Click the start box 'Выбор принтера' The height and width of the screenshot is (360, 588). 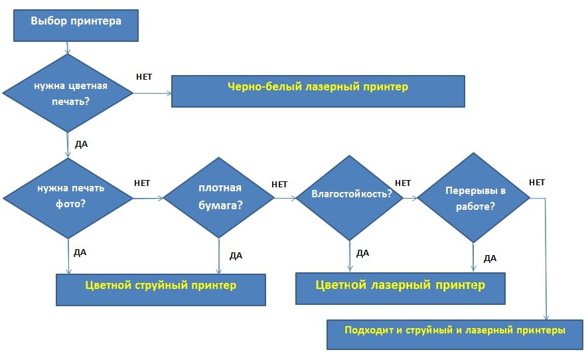(x=76, y=26)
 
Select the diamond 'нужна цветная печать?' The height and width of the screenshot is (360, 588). (x=68, y=94)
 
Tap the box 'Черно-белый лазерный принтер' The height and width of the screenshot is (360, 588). (x=318, y=90)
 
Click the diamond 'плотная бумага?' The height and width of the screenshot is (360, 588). (x=220, y=197)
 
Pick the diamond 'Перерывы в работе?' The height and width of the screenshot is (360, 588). (x=473, y=198)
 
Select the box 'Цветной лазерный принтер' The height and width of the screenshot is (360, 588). (x=400, y=288)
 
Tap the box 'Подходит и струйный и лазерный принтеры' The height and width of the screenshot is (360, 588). (x=455, y=333)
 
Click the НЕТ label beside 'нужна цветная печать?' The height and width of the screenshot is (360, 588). (x=144, y=77)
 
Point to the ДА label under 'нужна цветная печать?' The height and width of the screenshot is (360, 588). (x=81, y=143)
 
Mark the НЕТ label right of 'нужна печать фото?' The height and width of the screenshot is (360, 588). (x=142, y=183)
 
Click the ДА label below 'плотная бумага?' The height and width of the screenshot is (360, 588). (x=236, y=256)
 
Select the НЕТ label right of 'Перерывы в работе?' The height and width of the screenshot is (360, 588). (x=537, y=183)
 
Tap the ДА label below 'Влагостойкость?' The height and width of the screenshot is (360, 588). (x=362, y=253)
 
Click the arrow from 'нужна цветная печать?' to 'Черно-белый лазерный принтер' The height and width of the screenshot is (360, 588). (x=153, y=94)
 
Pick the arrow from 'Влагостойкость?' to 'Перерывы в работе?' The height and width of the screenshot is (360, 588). (x=409, y=197)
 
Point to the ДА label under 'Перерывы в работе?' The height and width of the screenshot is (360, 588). (x=490, y=259)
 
